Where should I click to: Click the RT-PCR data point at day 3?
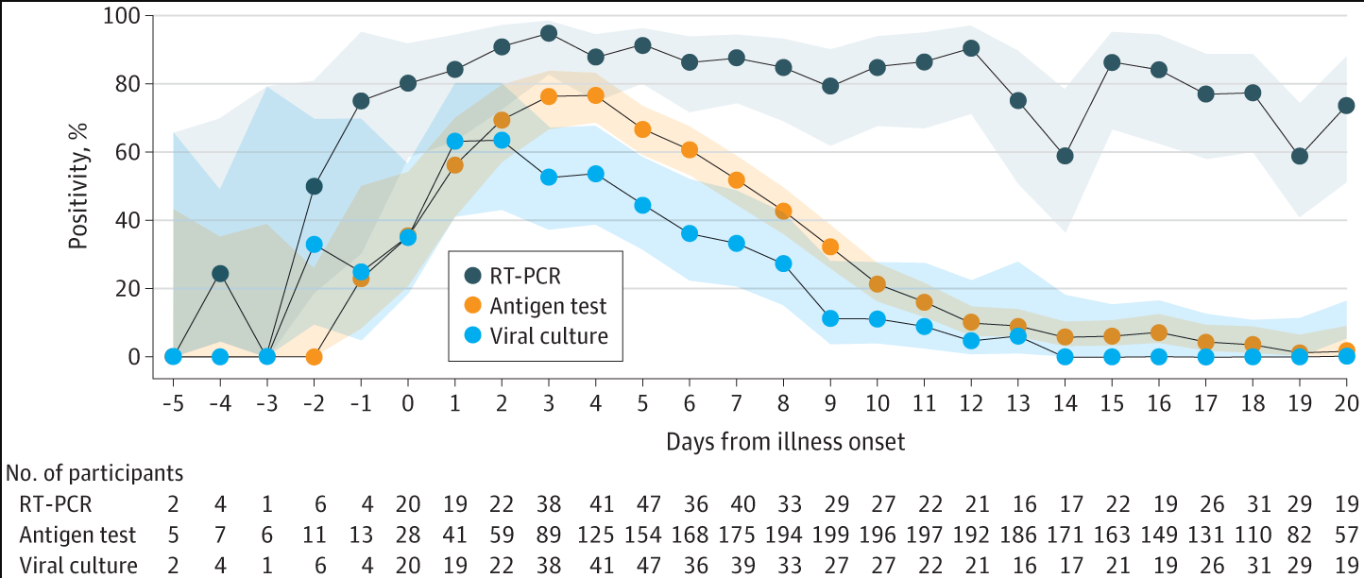tap(549, 33)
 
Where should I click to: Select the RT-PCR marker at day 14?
tap(1065, 156)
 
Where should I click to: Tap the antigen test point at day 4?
tap(595, 95)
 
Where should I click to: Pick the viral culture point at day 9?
tap(830, 318)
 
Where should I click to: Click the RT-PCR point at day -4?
tap(220, 274)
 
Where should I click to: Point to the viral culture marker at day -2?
tap(315, 245)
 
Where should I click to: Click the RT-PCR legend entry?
tap(519, 276)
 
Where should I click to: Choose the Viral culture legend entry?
tap(534, 335)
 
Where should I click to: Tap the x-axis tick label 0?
tap(408, 403)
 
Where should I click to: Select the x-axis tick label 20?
tap(1346, 403)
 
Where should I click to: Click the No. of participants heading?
tap(94, 471)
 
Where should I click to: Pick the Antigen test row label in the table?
tap(77, 535)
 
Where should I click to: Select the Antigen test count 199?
tap(830, 535)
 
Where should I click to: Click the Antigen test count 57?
tap(1346, 535)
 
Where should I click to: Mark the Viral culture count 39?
tap(737, 567)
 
